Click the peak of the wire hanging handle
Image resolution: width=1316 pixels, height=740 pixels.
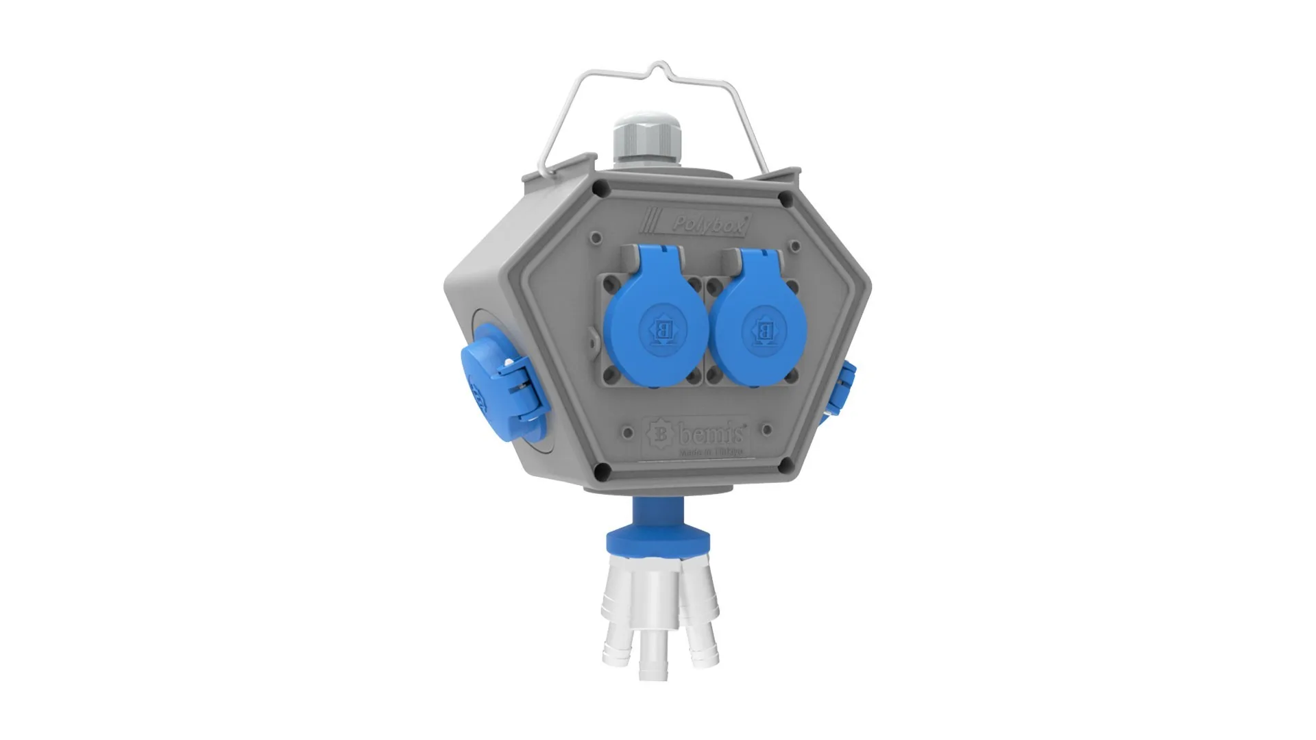coord(660,66)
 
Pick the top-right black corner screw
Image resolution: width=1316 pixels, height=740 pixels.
coord(785,199)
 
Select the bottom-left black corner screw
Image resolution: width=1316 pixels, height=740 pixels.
coord(602,470)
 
